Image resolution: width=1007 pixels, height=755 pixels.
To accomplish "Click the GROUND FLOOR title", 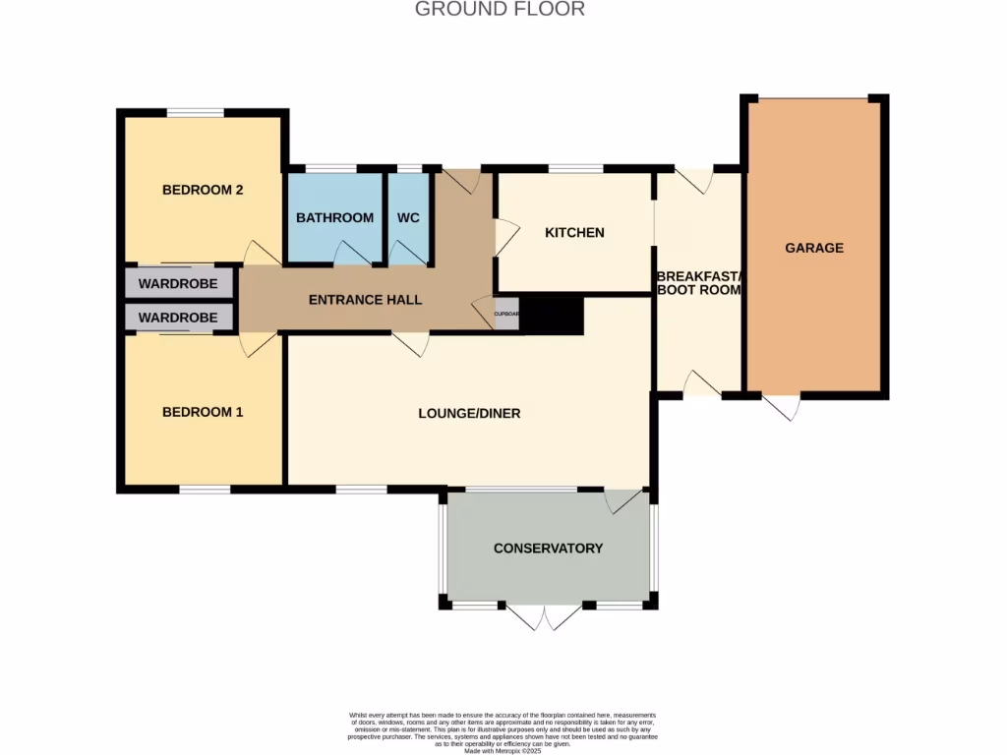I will pyautogui.click(x=500, y=9).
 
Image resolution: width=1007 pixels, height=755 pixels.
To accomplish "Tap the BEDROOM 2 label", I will pyautogui.click(x=203, y=190).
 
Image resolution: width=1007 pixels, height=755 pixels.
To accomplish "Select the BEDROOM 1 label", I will pyautogui.click(x=203, y=412).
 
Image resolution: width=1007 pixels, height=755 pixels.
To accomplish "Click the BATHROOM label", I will pyautogui.click(x=334, y=217).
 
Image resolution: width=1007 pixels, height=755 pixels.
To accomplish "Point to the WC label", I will pyautogui.click(x=408, y=217).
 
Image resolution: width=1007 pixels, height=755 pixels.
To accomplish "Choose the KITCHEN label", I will pyautogui.click(x=574, y=233).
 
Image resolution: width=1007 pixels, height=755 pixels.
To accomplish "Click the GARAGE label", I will pyautogui.click(x=813, y=248).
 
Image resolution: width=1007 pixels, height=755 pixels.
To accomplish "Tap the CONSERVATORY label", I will pyautogui.click(x=548, y=548).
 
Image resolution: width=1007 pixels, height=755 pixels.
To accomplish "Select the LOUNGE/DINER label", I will pyautogui.click(x=469, y=413).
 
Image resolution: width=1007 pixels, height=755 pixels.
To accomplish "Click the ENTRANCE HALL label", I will pyautogui.click(x=365, y=299).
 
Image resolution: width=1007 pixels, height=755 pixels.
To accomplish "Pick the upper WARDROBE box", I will pyautogui.click(x=179, y=283).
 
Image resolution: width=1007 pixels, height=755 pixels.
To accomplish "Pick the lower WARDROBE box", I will pyautogui.click(x=179, y=318).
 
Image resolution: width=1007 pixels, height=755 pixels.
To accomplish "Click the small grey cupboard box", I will pyautogui.click(x=505, y=315).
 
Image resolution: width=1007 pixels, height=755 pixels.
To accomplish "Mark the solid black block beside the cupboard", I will pyautogui.click(x=552, y=316).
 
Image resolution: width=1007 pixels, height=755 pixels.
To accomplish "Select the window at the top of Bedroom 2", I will pyautogui.click(x=195, y=113).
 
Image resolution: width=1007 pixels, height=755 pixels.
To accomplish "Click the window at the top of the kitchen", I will pyautogui.click(x=575, y=169).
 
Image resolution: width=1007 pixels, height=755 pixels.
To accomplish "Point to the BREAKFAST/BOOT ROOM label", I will pyautogui.click(x=698, y=283).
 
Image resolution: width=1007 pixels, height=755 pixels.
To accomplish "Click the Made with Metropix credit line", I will pyautogui.click(x=503, y=751).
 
